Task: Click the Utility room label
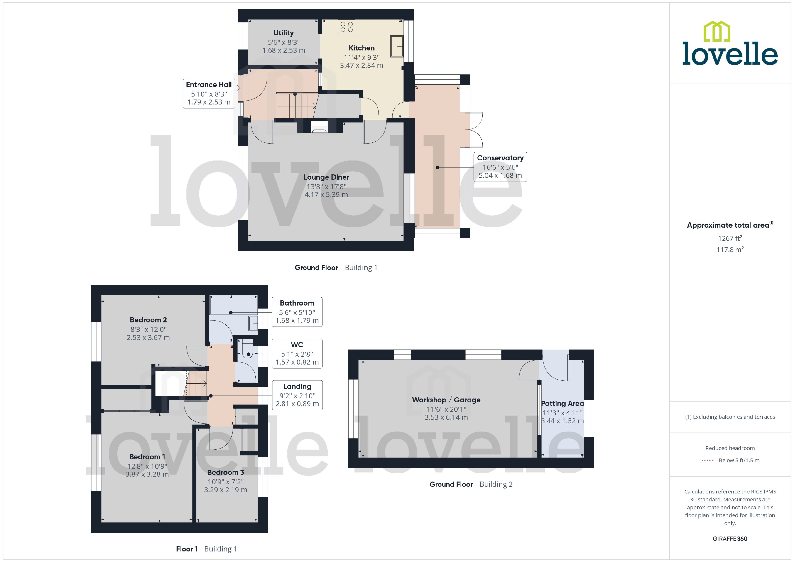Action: coord(283,33)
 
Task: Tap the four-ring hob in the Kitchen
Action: coord(346,27)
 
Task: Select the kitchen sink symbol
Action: coord(397,46)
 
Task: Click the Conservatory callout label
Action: coord(500,158)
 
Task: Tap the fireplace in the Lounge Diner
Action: coord(319,127)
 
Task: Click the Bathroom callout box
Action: coord(297,312)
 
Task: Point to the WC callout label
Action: coord(297,345)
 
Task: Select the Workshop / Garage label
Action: coord(446,400)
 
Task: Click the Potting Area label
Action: coord(562,403)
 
